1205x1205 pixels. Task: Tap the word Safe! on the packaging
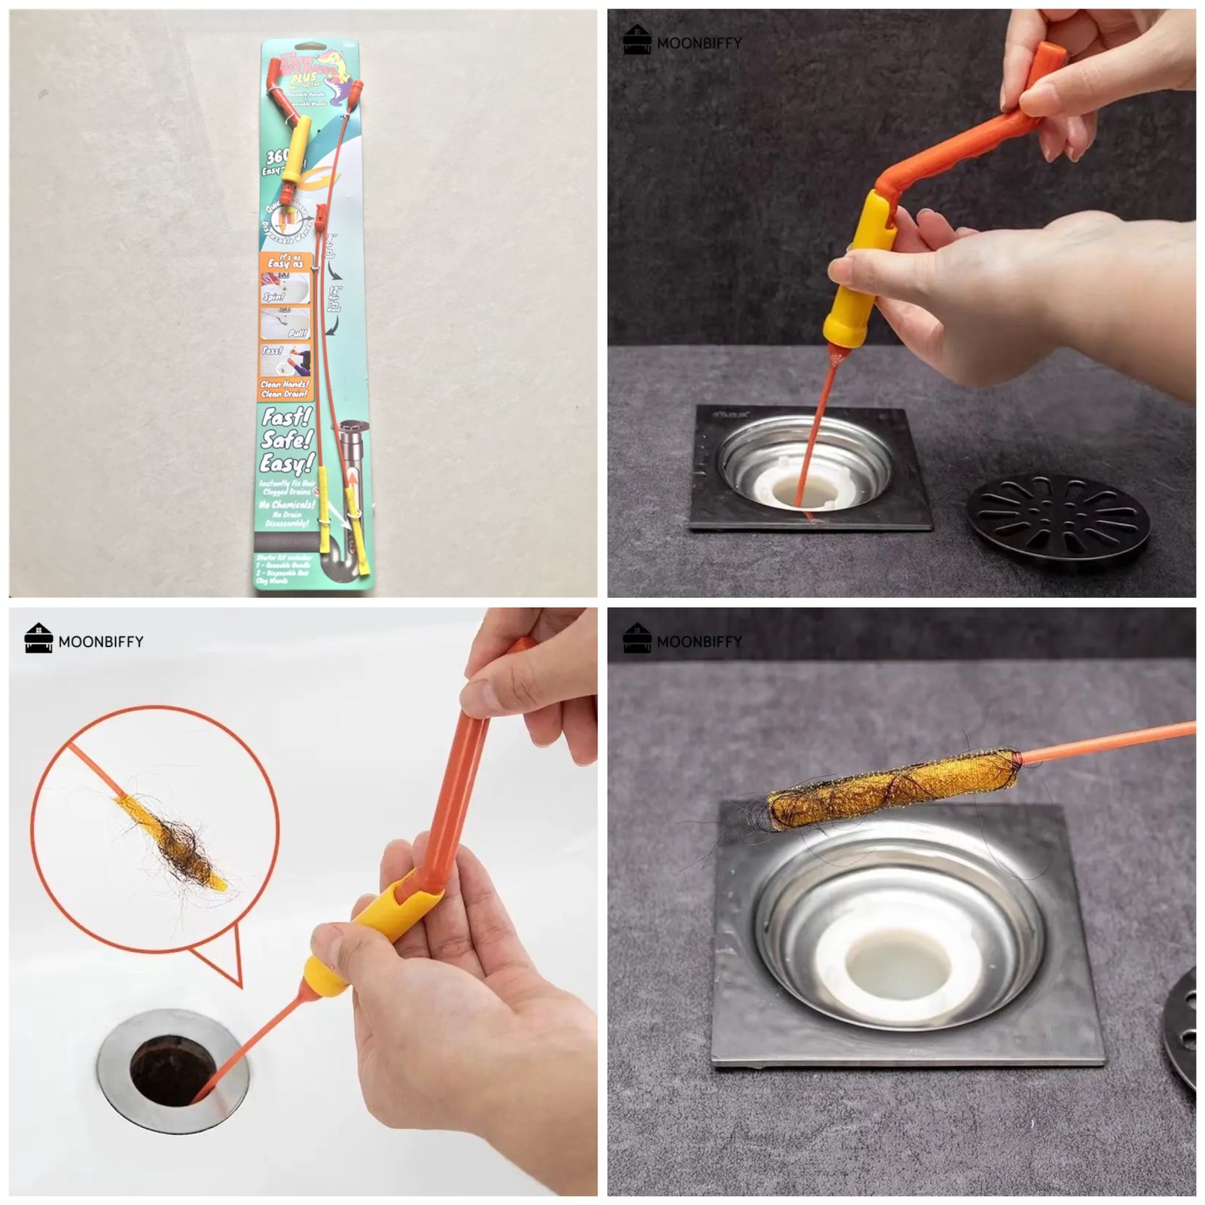[x=286, y=439]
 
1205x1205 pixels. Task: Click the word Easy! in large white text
[x=286, y=462]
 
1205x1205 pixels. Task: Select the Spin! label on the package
[x=273, y=297]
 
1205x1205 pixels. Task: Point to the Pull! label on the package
[x=297, y=333]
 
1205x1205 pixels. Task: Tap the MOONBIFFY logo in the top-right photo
[x=682, y=41]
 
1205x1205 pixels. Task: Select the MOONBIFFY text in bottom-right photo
[x=699, y=642]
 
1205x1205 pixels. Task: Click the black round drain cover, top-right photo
[x=1057, y=523]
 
